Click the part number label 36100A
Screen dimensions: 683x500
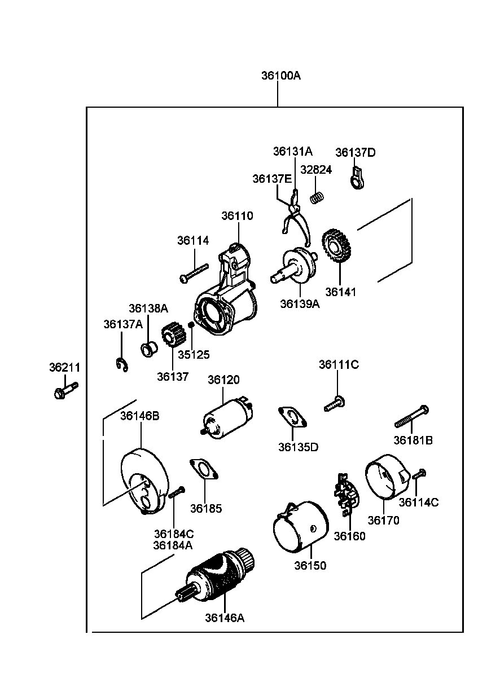280,76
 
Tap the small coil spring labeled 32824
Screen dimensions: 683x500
318,197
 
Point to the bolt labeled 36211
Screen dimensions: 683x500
65,390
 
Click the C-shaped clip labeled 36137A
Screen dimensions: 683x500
121,365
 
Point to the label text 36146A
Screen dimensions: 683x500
225,618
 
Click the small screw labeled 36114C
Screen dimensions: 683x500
418,475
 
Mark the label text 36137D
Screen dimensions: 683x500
356,152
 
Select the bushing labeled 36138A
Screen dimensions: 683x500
149,350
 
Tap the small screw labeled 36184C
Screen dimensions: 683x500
176,492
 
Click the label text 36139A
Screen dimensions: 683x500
300,304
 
